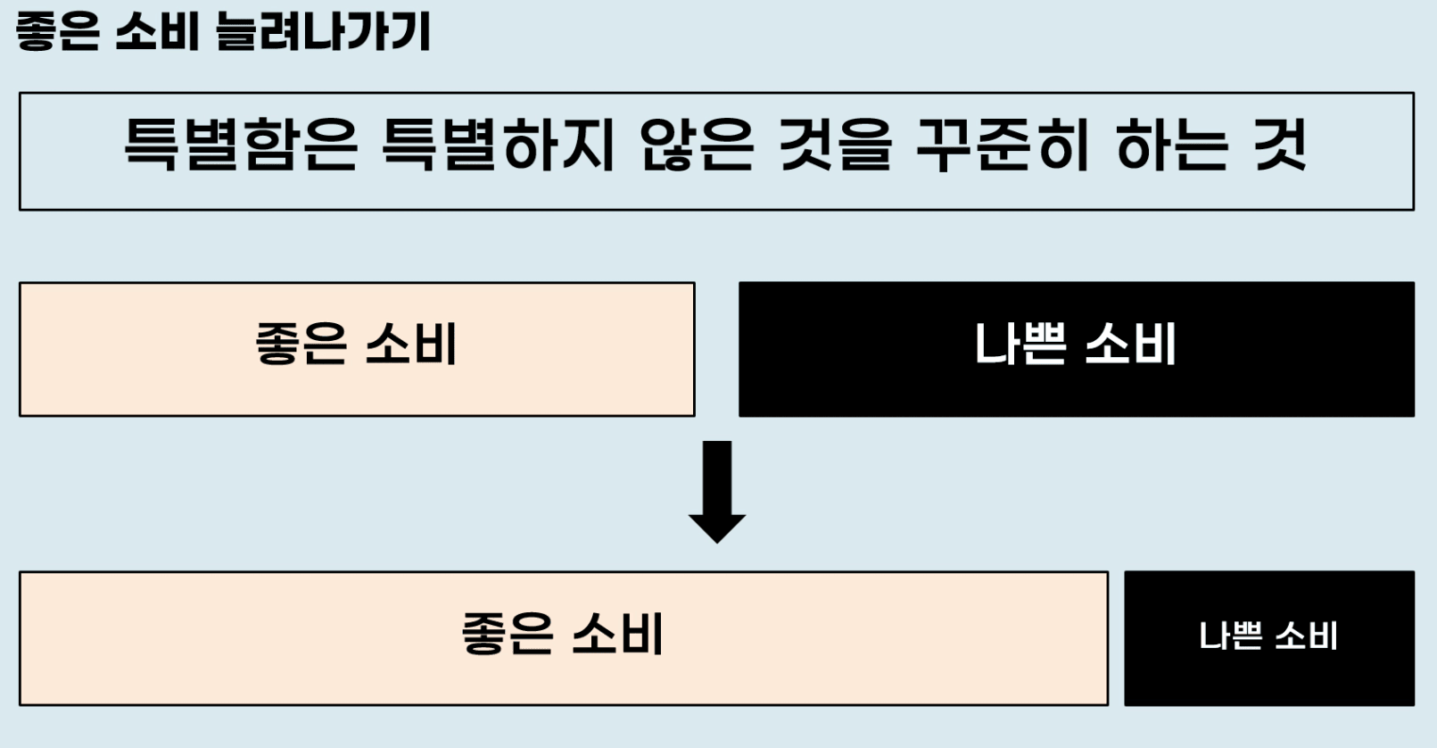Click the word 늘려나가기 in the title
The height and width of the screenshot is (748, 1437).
pyautogui.click(x=323, y=32)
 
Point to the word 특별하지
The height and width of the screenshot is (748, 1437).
pyautogui.click(x=498, y=145)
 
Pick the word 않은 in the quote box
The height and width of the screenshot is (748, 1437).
pyautogui.click(x=697, y=145)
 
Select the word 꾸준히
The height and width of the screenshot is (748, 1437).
pyautogui.click(x=1003, y=145)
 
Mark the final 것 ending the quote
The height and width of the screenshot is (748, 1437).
pyautogui.click(x=1281, y=145)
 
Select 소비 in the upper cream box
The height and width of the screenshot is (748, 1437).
pyautogui.click(x=411, y=344)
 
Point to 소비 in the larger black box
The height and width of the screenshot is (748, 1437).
pyautogui.click(x=1131, y=344)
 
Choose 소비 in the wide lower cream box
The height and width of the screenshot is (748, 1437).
pyautogui.click(x=617, y=634)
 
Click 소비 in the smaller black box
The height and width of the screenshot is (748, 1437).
pyautogui.click(x=1307, y=636)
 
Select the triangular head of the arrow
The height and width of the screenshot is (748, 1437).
pyautogui.click(x=717, y=527)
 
